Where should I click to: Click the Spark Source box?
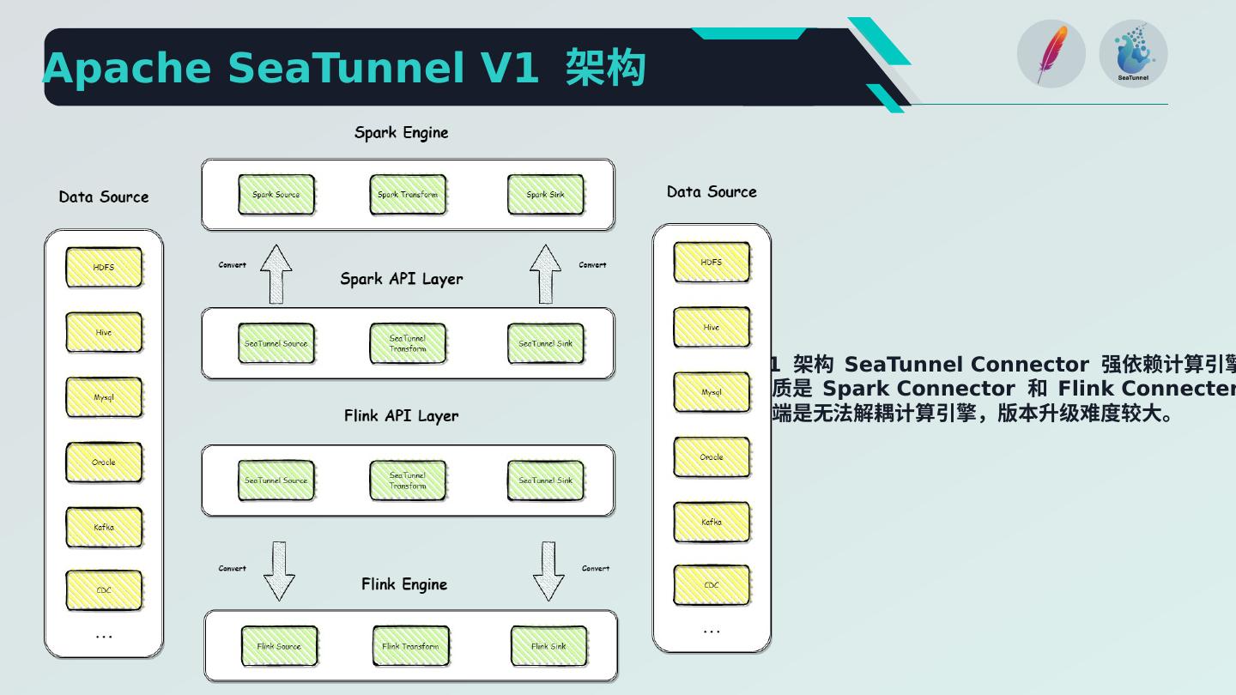click(x=276, y=195)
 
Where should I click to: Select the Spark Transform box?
click(x=408, y=195)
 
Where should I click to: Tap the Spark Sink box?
click(x=545, y=195)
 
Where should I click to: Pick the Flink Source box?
click(x=279, y=646)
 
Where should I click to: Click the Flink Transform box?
click(x=410, y=646)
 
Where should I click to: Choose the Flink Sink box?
click(x=548, y=646)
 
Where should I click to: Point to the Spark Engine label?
click(x=401, y=133)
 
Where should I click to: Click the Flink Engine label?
click(x=403, y=584)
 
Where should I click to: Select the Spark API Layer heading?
click(x=401, y=279)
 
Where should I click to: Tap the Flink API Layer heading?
click(x=401, y=416)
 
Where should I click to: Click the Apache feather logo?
click(x=1051, y=53)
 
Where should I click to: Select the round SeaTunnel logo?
click(x=1133, y=53)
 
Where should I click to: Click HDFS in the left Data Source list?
click(x=104, y=267)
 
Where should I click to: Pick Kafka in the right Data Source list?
click(x=712, y=522)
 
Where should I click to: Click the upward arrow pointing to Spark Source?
click(x=276, y=275)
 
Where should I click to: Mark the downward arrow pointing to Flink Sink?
click(x=548, y=571)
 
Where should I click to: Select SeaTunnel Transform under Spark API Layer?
click(x=408, y=343)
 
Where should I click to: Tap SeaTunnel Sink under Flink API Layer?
click(x=545, y=480)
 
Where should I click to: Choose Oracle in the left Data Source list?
click(x=104, y=462)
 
